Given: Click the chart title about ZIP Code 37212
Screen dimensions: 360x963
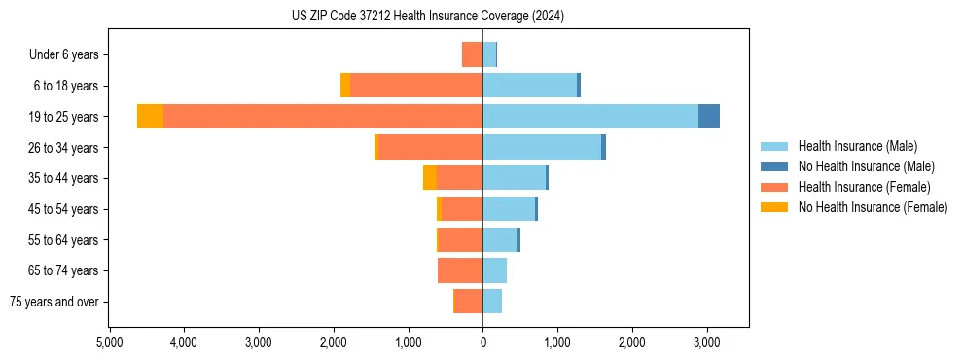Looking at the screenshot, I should (428, 17).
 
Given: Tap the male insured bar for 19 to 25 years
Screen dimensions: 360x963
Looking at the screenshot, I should (590, 117).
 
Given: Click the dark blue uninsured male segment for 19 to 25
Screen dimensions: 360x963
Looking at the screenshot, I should (709, 117).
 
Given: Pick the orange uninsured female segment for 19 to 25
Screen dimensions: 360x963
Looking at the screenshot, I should (150, 117).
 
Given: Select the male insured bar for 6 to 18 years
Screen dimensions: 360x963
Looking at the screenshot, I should (530, 86).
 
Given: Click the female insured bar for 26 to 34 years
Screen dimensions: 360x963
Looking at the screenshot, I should (430, 147).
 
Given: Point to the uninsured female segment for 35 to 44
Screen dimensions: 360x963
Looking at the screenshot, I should (430, 178).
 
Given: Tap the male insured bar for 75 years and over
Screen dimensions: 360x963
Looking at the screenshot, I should (492, 302).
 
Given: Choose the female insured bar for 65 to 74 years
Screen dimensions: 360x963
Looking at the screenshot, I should (460, 270).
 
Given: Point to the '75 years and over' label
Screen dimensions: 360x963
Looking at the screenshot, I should (53, 302).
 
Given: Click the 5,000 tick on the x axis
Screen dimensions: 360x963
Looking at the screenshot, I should (110, 342).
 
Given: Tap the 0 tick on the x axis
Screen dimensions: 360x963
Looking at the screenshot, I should (482, 342).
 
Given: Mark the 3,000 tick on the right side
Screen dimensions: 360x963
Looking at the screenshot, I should (706, 342).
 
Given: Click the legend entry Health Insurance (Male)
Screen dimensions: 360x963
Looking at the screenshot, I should (856, 146).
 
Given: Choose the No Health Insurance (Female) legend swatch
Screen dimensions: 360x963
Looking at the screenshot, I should (775, 207).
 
